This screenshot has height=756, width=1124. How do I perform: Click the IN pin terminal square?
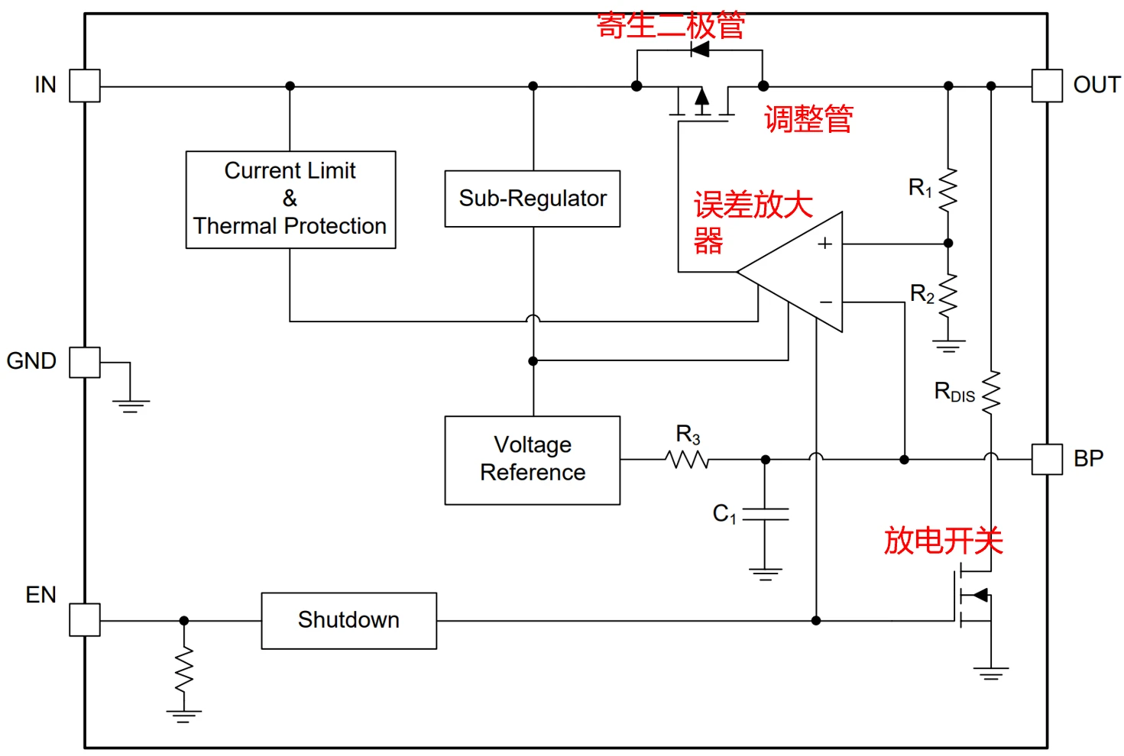pos(84,86)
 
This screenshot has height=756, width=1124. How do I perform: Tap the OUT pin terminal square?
pos(1047,86)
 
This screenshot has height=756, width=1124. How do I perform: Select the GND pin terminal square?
pos(84,362)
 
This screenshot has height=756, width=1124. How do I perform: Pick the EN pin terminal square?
pos(84,620)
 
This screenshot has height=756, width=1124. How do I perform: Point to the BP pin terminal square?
pos(1047,460)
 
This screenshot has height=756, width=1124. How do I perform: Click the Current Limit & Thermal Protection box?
pos(290,199)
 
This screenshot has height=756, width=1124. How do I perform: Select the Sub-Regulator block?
pos(533,199)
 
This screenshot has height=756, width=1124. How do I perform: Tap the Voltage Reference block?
pos(533,460)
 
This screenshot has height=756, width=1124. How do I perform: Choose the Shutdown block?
pos(348,620)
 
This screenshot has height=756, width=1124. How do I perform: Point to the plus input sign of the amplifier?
pos(824,244)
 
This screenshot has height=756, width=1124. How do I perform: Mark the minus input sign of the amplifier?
pos(826,302)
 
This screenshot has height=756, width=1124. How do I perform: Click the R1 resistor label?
pos(920,187)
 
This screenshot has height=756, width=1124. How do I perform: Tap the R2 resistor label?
pos(922,293)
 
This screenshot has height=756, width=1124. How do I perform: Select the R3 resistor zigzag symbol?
pos(688,460)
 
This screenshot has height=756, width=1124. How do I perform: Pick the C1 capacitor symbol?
pos(766,514)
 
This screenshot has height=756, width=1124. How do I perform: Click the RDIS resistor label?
pos(954,393)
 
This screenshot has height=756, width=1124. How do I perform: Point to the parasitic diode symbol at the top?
pos(699,50)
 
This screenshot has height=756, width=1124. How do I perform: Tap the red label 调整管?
pos(808,119)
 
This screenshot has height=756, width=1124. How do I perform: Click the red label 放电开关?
pos(943,541)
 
